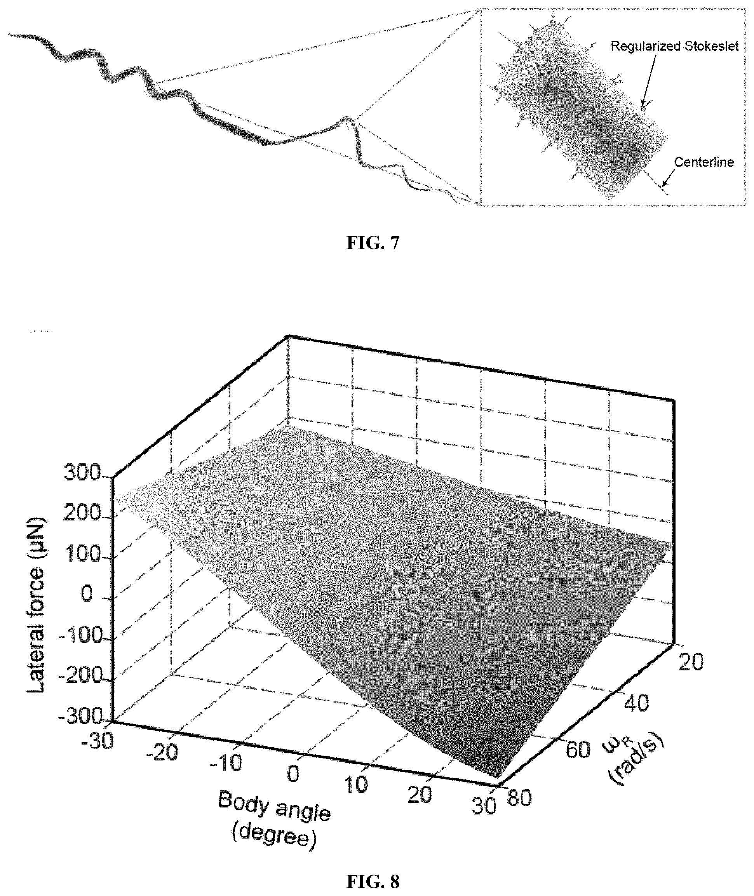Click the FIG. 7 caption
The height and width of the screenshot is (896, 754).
373,243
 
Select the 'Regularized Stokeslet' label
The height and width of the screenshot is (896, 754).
674,46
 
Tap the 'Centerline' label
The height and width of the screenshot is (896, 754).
704,162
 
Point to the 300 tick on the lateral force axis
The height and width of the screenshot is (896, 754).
82,473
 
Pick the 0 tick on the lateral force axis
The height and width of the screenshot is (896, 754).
87,594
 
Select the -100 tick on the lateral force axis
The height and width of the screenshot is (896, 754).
80,635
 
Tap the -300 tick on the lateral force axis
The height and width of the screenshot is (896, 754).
80,716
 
